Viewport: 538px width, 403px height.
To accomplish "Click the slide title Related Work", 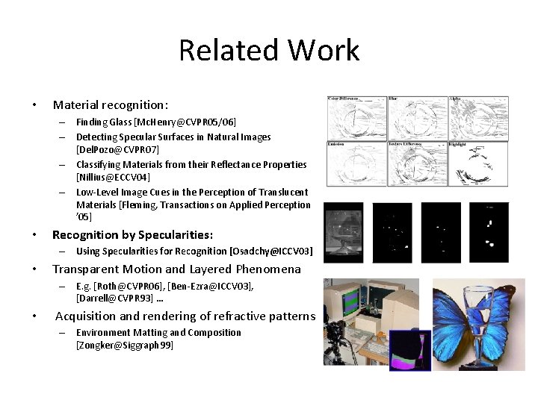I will coord(269,51).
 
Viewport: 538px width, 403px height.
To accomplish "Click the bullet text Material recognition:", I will coord(110,105).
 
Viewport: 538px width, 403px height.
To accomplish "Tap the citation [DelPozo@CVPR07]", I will coord(117,150).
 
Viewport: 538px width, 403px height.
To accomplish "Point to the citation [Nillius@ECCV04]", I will coord(113,178).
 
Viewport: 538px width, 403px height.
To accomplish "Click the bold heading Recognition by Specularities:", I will coord(132,234).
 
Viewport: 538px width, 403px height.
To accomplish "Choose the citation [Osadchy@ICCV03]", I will coord(271,252).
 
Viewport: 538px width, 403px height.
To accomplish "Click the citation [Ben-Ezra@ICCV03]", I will coord(214,286).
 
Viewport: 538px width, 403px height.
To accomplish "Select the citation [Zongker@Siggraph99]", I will coord(125,346).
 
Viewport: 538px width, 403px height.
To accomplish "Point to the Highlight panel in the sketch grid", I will coord(478,163).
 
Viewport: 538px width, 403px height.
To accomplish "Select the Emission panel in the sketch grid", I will coord(355,163).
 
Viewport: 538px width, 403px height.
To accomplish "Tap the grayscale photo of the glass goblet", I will coord(343,233).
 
